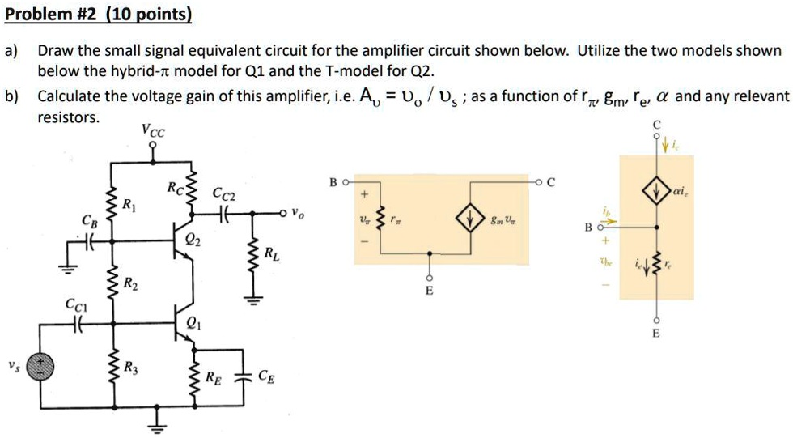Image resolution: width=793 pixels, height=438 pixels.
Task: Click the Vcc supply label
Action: pos(151,129)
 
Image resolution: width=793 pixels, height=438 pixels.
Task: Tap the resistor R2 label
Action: pos(129,283)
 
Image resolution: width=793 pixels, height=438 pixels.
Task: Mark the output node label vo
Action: pos(298,215)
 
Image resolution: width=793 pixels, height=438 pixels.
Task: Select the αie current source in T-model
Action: pos(655,191)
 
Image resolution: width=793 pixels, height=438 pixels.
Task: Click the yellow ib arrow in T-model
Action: pos(612,219)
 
